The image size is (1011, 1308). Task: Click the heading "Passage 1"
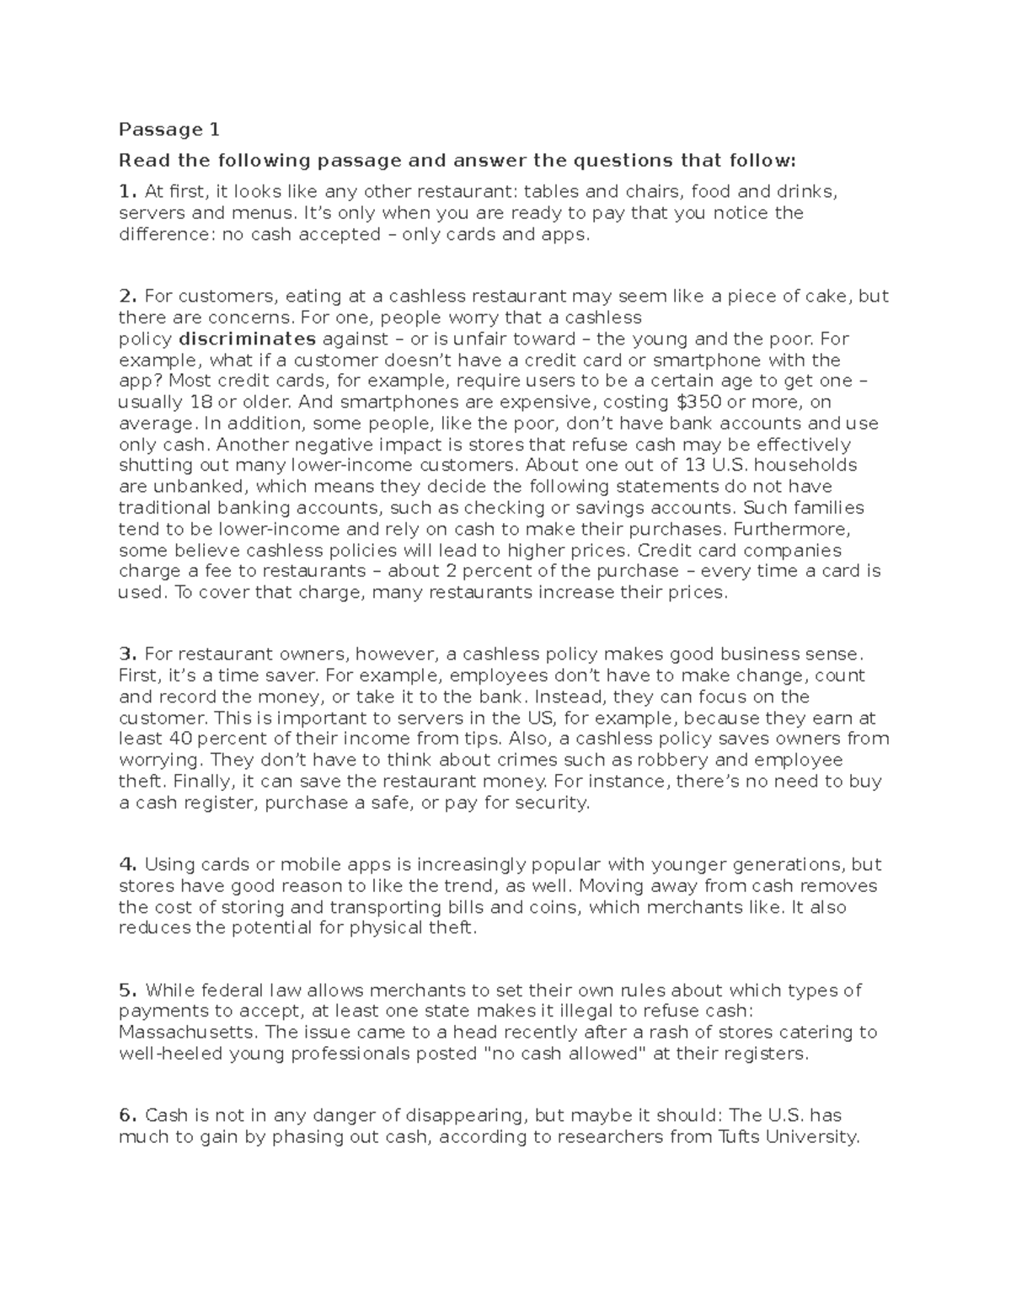(x=168, y=130)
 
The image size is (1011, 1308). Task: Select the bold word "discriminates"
(x=248, y=339)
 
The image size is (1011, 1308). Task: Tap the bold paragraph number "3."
(x=128, y=654)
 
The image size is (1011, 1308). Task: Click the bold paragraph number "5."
(x=128, y=990)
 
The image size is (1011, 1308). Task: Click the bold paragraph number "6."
(x=128, y=1116)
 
